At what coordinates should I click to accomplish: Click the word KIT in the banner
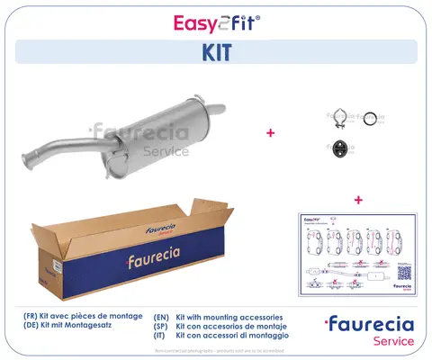click(x=215, y=52)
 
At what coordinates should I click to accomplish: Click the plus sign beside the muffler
click(x=270, y=132)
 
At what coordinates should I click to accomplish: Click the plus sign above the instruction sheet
click(x=358, y=198)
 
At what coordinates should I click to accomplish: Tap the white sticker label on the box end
click(x=55, y=265)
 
